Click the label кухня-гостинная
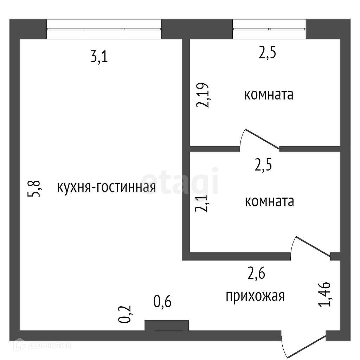[106, 187]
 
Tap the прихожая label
[255, 296]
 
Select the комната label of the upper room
[269, 95]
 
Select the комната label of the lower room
[269, 202]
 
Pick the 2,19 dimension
[203, 95]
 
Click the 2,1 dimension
[202, 204]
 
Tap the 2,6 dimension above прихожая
[256, 273]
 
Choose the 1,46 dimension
[324, 294]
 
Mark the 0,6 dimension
[163, 302]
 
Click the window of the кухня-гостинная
[104, 29]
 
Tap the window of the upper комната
[269, 29]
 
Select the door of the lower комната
[311, 246]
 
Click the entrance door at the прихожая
[303, 346]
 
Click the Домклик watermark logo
[43, 345]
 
